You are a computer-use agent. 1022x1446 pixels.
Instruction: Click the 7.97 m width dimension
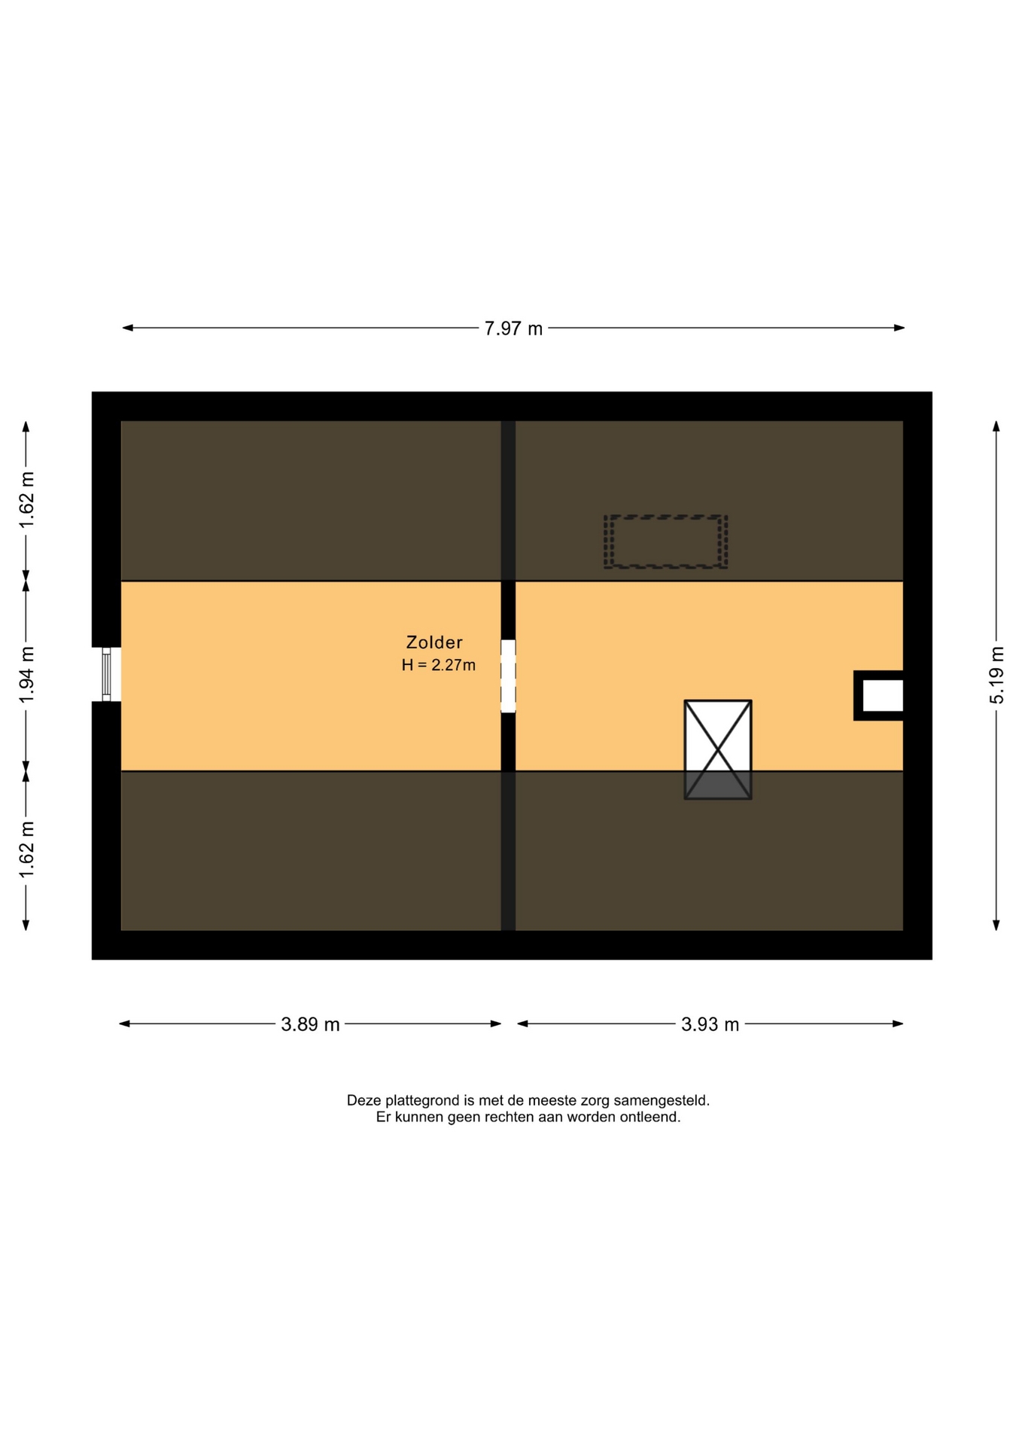(x=513, y=328)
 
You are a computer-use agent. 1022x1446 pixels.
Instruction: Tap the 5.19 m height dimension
(x=996, y=675)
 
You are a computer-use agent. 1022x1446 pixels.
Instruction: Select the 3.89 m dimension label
(x=310, y=1024)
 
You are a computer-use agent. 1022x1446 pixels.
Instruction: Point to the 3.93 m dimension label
(x=710, y=1024)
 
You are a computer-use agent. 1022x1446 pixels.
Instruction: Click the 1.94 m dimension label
(x=27, y=675)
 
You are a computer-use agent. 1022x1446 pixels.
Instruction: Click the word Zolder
(x=434, y=642)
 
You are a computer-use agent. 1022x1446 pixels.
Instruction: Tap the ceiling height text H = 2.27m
(x=439, y=665)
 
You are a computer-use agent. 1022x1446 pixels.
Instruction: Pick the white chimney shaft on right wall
(x=882, y=695)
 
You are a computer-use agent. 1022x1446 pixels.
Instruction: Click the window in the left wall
(x=107, y=674)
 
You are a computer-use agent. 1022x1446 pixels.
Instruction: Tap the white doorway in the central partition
(x=508, y=676)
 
